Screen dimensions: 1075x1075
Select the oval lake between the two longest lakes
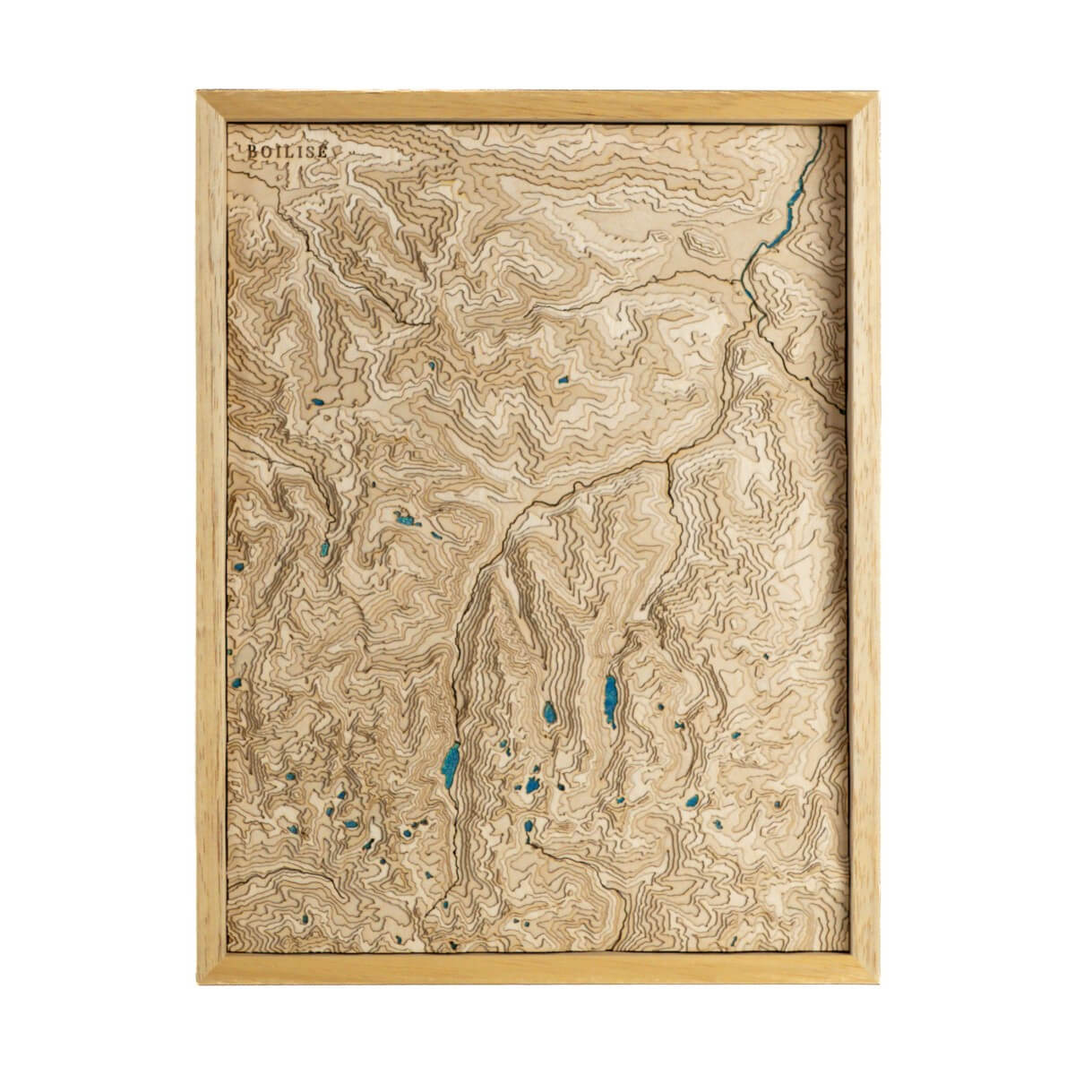(548, 714)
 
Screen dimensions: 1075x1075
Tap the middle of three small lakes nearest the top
(430, 365)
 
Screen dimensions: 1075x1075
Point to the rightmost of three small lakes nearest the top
(564, 380)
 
